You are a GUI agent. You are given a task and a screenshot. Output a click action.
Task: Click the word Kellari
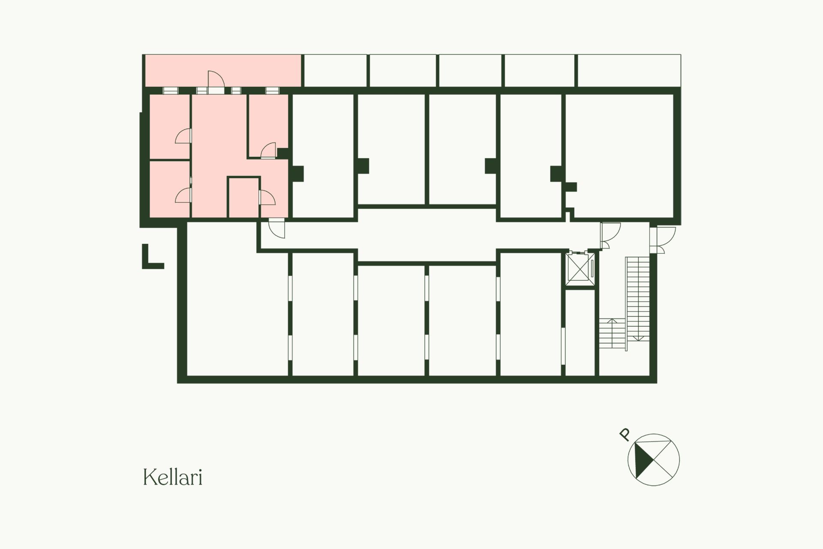tap(172, 477)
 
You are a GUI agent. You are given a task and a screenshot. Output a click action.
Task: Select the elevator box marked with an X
tap(581, 268)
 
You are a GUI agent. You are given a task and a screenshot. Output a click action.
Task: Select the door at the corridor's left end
tap(276, 228)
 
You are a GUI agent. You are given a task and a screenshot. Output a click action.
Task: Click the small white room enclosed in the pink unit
tap(243, 198)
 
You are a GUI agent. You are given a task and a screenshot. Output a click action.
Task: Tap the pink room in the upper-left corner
tap(169, 126)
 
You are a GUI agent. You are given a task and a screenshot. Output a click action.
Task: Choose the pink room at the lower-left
tap(169, 189)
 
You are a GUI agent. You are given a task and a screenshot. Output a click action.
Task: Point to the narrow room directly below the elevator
tap(580, 333)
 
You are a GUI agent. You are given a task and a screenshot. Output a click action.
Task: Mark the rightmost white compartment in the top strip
tap(629, 70)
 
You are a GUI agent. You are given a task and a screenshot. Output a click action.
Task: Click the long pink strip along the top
tap(222, 70)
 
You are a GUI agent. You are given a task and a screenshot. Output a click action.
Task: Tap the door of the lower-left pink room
tap(183, 195)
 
